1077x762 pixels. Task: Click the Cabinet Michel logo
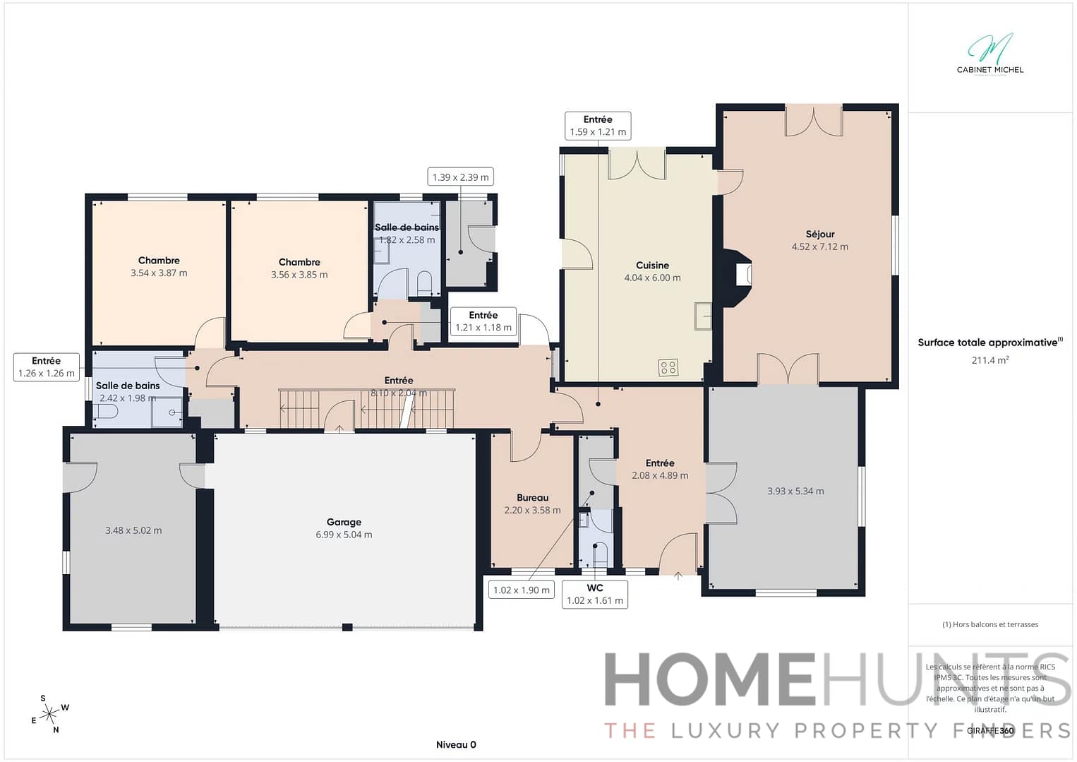(989, 54)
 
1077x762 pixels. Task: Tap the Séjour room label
(819, 234)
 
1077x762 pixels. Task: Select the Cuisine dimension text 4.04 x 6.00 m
(652, 278)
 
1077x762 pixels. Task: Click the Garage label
(344, 523)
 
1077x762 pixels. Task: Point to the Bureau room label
(532, 498)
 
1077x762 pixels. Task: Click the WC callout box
(594, 595)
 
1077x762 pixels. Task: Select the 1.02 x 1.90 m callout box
(521, 590)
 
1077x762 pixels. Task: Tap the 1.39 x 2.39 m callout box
(460, 177)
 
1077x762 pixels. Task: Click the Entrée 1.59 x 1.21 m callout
(598, 126)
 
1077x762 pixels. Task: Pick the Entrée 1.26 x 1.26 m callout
(46, 367)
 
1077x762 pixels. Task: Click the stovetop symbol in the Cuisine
(668, 367)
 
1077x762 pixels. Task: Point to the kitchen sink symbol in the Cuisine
(702, 316)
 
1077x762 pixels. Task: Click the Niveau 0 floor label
(456, 745)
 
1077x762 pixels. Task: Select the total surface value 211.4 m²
(989, 360)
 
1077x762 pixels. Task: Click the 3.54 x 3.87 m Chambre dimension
(159, 273)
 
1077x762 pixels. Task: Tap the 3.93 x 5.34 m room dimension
(795, 492)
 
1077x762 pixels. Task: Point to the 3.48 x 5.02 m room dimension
(133, 531)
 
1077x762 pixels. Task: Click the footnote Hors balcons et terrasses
(989, 624)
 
